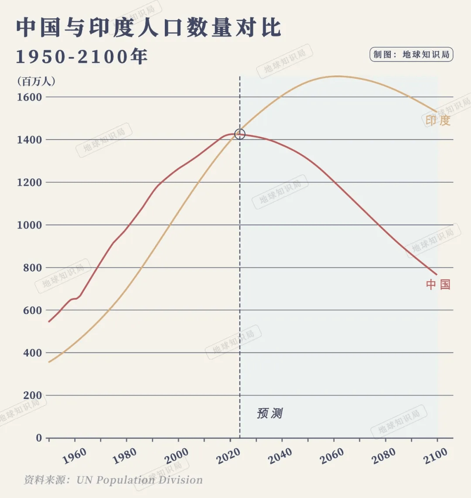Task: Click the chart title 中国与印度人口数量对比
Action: click(x=149, y=28)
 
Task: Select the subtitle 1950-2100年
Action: click(x=82, y=57)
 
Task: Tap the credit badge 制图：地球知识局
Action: click(x=411, y=55)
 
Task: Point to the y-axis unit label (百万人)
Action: click(x=36, y=81)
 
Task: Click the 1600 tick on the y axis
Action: click(x=29, y=97)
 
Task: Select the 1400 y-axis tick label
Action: click(x=29, y=140)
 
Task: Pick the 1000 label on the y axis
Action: click(x=29, y=225)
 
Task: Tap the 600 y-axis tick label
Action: click(x=32, y=310)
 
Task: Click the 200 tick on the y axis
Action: click(x=32, y=396)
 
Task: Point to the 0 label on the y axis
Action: click(x=39, y=438)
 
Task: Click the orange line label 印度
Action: click(x=438, y=120)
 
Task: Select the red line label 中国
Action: click(x=438, y=285)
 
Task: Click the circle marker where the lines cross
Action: click(x=240, y=134)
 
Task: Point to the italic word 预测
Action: click(x=270, y=413)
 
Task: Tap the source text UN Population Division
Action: click(x=140, y=480)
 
